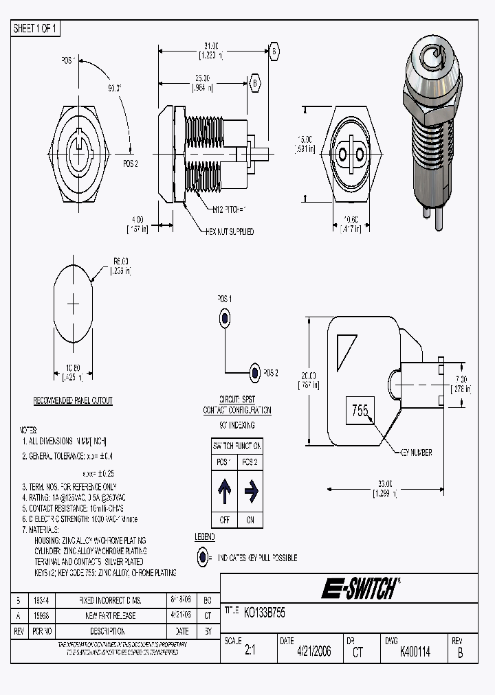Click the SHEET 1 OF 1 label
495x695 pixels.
coord(36,29)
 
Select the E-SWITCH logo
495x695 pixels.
coord(360,589)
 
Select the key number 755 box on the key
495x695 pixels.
coord(360,411)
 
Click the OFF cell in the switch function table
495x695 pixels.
coord(224,520)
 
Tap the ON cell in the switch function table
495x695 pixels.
coord(250,520)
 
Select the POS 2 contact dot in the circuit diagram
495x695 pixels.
coord(254,373)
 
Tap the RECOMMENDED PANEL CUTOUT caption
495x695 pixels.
coord(73,400)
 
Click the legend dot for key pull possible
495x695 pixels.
coord(203,558)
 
